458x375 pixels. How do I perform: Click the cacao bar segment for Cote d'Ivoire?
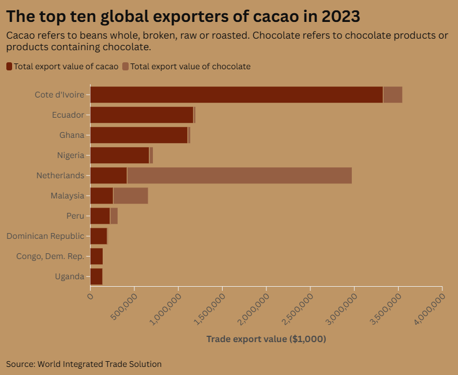coord(236,95)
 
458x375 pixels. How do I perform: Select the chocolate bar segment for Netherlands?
coord(239,175)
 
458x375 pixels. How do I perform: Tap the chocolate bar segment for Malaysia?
coord(131,196)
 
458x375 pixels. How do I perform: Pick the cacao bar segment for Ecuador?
coord(142,115)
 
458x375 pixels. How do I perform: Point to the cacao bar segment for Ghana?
coord(139,135)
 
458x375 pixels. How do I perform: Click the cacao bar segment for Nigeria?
coord(120,155)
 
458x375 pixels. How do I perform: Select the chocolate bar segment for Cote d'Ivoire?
coord(393,95)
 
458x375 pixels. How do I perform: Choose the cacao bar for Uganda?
coord(96,276)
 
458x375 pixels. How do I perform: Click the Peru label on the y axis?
coord(76,216)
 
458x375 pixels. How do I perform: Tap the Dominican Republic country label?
coord(46,236)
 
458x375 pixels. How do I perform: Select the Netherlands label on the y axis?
coord(60,175)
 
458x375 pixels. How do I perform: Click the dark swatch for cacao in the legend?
coord(9,66)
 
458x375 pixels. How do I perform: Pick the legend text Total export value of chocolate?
coord(190,66)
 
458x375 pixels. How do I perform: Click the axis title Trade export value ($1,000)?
coord(266,339)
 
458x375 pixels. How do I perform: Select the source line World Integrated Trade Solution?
coord(84,364)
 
